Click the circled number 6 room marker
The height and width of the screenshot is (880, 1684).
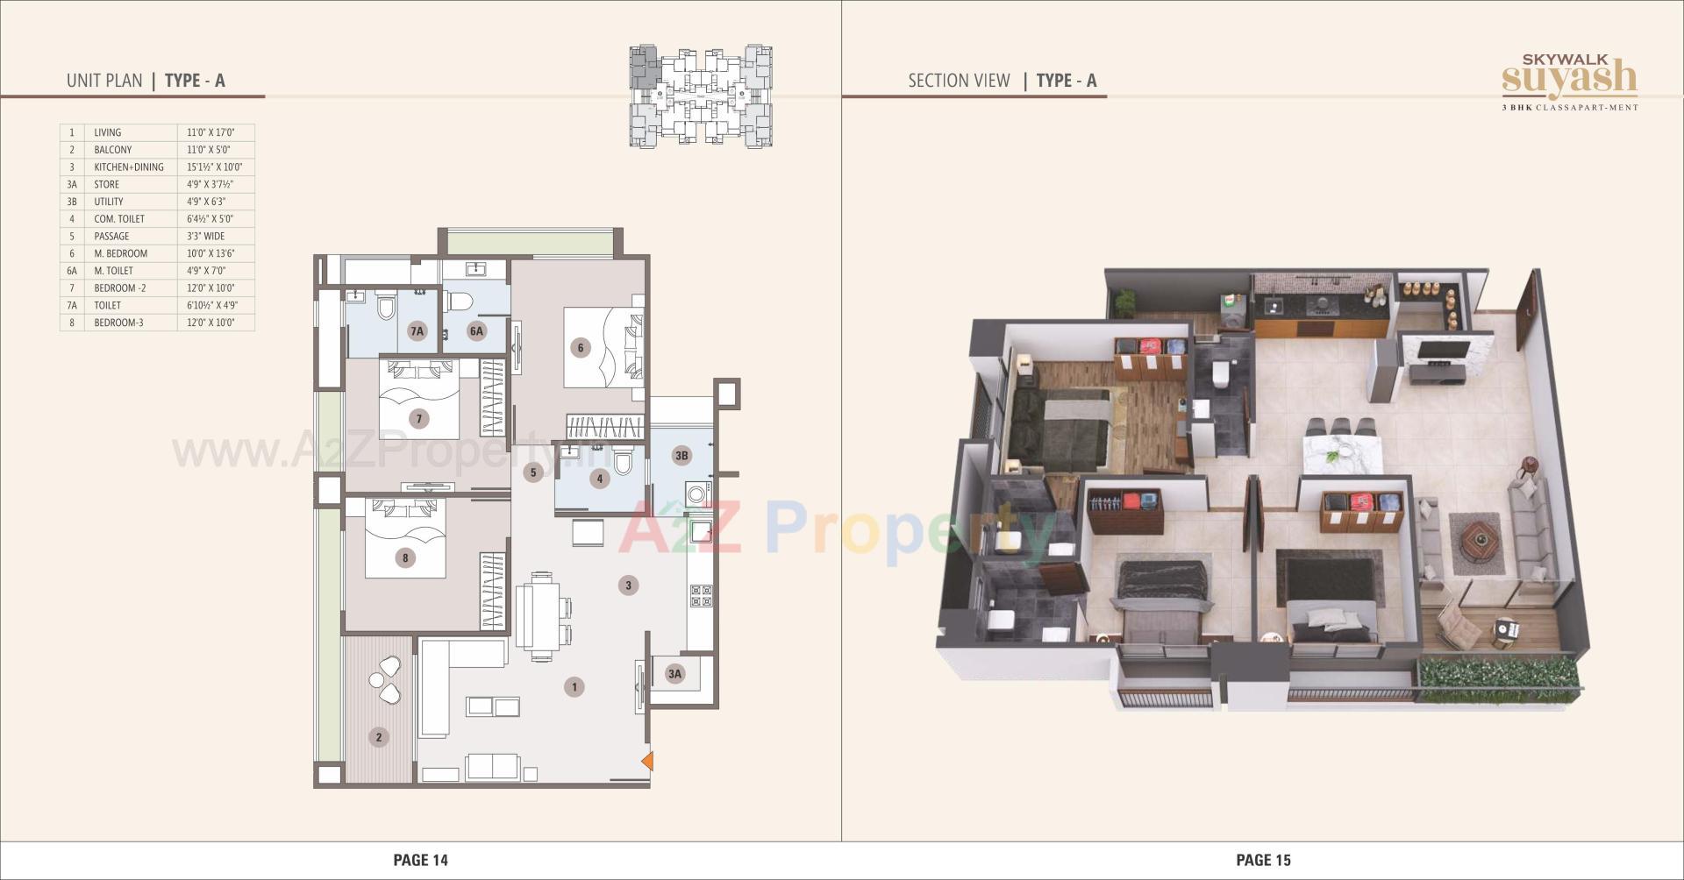click(x=580, y=348)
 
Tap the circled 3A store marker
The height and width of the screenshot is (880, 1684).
click(x=674, y=674)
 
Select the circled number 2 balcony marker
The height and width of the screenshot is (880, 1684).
click(x=379, y=737)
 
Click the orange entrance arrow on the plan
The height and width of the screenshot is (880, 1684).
click(x=647, y=761)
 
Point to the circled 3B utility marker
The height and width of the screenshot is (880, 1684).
click(x=681, y=455)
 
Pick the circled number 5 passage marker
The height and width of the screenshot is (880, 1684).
click(x=533, y=473)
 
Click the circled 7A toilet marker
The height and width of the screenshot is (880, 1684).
click(x=417, y=331)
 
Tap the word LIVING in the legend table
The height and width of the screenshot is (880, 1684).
click(x=108, y=133)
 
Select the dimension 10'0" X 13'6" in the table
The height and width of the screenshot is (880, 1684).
click(x=210, y=253)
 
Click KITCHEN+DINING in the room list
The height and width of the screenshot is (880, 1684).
click(x=129, y=167)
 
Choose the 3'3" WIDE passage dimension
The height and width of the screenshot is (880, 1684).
click(x=206, y=237)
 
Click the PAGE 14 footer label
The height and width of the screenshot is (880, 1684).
click(x=420, y=860)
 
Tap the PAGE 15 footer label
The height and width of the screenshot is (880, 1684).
click(x=1263, y=860)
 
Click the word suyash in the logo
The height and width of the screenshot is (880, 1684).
click(x=1569, y=78)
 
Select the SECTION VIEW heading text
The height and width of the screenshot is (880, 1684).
click(x=959, y=81)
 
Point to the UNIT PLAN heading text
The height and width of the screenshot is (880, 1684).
click(x=104, y=81)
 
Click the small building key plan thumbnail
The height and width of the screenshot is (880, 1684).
click(x=701, y=96)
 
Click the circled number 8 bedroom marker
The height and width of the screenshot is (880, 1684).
click(x=404, y=557)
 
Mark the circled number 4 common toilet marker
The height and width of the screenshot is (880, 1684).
click(x=600, y=479)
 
